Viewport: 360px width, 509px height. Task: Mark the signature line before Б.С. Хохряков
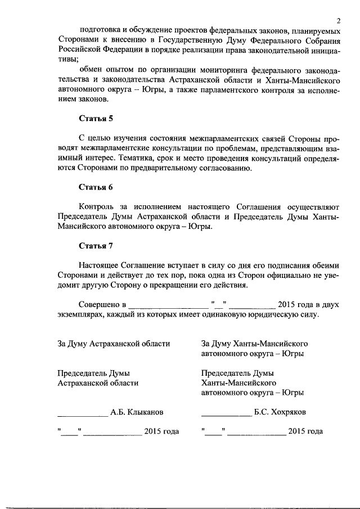point(226,415)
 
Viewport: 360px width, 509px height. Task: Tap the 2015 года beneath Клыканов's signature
point(161,431)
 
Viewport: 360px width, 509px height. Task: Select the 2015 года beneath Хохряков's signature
point(305,431)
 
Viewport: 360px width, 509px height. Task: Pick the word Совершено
point(100,304)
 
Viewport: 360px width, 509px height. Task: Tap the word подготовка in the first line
point(101,29)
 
